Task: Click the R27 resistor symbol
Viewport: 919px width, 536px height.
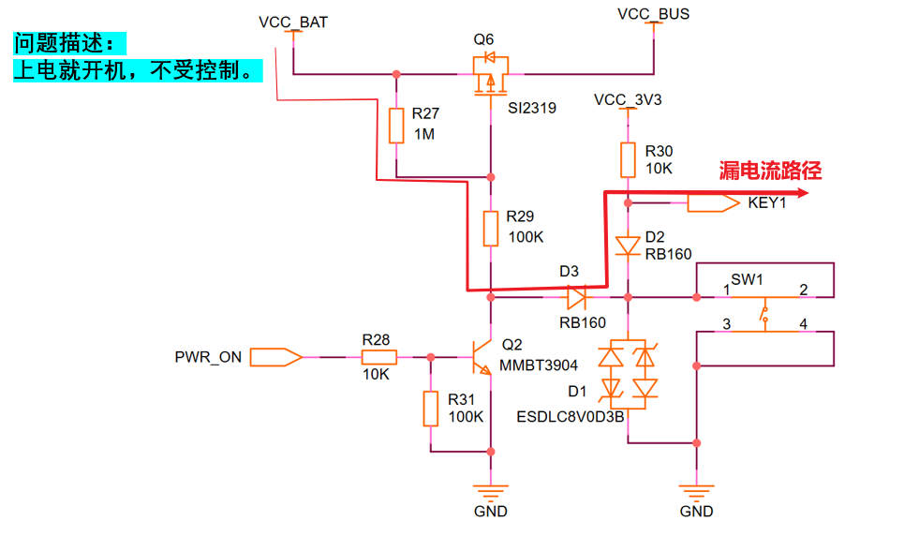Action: pyautogui.click(x=396, y=126)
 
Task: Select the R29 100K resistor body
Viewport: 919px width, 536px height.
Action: pyautogui.click(x=491, y=229)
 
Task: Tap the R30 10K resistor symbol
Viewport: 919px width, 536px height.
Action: pyautogui.click(x=628, y=159)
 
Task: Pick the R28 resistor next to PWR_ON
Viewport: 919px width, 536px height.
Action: pyautogui.click(x=378, y=356)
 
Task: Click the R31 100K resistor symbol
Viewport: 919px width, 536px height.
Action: pyautogui.click(x=430, y=409)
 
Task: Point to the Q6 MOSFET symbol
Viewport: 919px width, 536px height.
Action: pyautogui.click(x=491, y=74)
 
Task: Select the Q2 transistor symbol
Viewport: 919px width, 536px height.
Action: pyautogui.click(x=482, y=357)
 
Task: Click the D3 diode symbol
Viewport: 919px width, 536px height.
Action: pyautogui.click(x=576, y=297)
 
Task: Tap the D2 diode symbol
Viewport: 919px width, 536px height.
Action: pyautogui.click(x=628, y=246)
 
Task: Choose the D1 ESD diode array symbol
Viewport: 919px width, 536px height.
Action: pyautogui.click(x=628, y=374)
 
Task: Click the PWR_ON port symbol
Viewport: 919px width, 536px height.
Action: pyautogui.click(x=275, y=357)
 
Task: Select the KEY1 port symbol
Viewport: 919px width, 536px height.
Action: pyautogui.click(x=713, y=203)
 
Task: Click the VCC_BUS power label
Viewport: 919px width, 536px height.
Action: pyautogui.click(x=654, y=14)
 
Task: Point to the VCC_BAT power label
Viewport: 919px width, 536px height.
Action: pyautogui.click(x=293, y=22)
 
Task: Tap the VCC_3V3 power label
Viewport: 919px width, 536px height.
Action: pyautogui.click(x=628, y=100)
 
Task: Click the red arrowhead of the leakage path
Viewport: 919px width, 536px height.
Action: pyautogui.click(x=802, y=193)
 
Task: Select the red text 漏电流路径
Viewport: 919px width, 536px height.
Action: pyautogui.click(x=770, y=171)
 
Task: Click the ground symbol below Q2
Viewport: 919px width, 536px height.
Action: pyautogui.click(x=491, y=491)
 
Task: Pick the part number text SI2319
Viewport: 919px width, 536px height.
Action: pyautogui.click(x=532, y=108)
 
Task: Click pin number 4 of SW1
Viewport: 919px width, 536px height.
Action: pyautogui.click(x=803, y=323)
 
